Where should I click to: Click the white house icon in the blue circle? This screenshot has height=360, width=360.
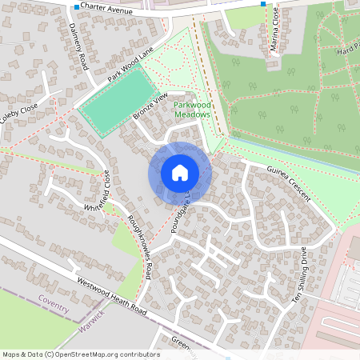pos(179,172)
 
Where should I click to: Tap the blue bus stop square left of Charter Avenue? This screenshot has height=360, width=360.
pos(77,7)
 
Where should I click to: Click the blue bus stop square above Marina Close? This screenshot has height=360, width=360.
pos(263,4)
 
